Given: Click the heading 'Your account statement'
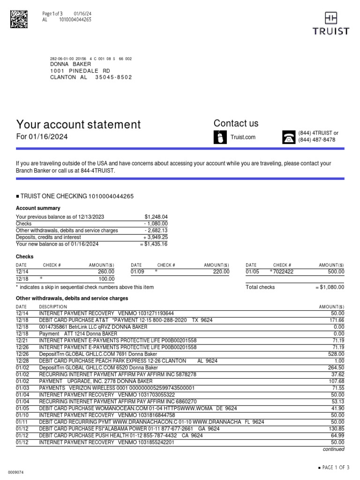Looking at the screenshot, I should [78, 125].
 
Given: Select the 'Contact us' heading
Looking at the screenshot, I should [236, 123].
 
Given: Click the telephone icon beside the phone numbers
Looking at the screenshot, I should [288, 137].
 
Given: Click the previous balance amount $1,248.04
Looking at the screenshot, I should [156, 217].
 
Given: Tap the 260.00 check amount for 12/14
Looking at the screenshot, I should [106, 271].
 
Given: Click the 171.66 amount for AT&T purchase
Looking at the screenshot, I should [336, 320].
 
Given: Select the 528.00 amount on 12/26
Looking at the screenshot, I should [336, 354].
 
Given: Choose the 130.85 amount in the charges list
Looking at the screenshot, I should [336, 429].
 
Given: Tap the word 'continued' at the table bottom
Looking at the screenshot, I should [333, 449].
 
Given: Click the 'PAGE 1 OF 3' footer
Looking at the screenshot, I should [333, 467].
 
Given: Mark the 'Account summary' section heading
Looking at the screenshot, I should [38, 208].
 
